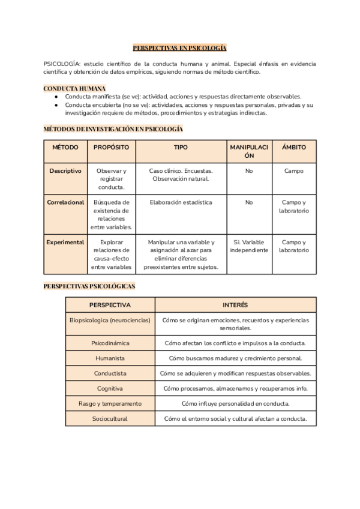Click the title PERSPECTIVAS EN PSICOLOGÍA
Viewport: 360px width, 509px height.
(179, 47)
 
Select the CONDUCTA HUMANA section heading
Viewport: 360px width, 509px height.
(75, 88)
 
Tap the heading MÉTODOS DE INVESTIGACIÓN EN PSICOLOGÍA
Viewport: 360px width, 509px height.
(113, 129)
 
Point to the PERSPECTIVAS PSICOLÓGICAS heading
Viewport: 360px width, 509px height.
(89, 286)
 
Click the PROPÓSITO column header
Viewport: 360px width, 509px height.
(111, 147)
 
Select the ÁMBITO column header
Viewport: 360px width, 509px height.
(294, 147)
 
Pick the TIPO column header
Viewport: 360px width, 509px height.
(181, 147)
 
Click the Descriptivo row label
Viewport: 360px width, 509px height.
(65, 171)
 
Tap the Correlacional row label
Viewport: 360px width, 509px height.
(65, 202)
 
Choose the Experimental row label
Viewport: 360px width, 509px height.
(65, 242)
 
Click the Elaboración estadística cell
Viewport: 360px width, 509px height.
(181, 202)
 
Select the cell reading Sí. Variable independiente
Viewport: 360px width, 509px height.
(249, 246)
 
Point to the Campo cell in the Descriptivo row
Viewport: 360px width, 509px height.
(294, 171)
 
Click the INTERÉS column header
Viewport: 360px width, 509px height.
(235, 305)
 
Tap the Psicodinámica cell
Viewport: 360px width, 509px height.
(110, 343)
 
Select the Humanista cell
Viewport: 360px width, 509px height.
(110, 358)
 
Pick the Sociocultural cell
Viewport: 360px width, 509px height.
(110, 418)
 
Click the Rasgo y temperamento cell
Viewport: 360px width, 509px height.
(110, 403)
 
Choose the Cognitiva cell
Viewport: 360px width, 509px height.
(110, 388)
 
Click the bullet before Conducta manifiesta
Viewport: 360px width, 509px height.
(55, 97)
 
